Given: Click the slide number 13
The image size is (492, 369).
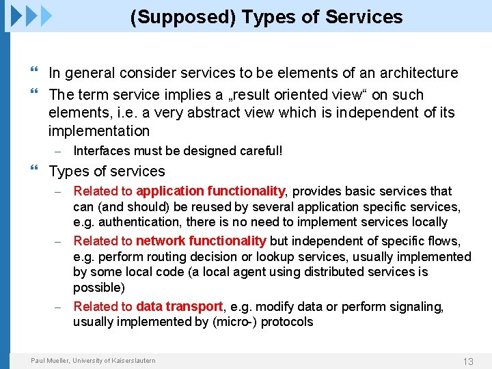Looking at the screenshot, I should pos(468,361).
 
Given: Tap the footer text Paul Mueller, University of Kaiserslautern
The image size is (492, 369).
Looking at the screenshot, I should pos(93,361).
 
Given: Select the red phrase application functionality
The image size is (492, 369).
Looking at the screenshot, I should pos(210,191).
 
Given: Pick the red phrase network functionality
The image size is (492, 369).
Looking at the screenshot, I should pos(201,241).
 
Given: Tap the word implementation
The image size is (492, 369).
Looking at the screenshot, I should pos(98,131).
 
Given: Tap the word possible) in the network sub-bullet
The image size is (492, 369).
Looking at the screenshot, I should pos(98,288).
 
